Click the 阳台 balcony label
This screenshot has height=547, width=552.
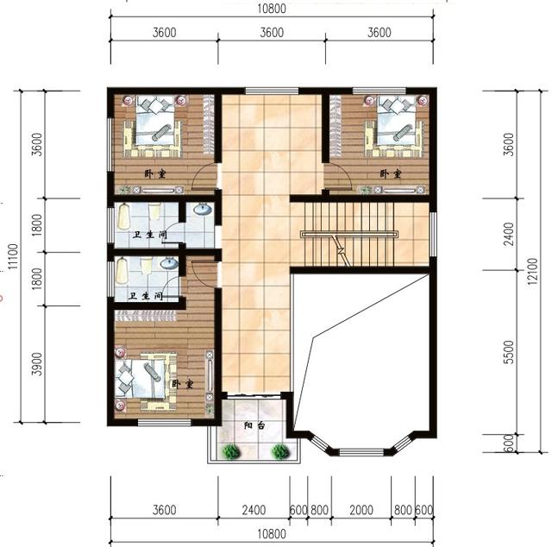[254, 425]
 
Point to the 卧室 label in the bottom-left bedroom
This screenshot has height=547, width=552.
[182, 383]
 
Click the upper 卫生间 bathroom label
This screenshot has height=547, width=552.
[148, 235]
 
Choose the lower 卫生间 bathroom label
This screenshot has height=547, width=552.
[144, 296]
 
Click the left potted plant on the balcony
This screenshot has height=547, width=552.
[230, 450]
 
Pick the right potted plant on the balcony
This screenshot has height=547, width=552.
[279, 450]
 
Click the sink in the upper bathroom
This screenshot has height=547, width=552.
[202, 210]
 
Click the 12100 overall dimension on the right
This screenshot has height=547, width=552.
[535, 267]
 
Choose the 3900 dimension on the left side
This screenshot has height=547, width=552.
[36, 364]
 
